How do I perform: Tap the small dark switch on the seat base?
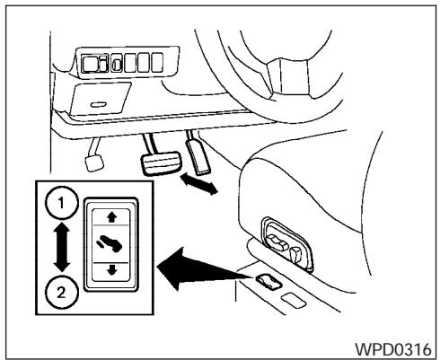pyautogui.click(x=266, y=283)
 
